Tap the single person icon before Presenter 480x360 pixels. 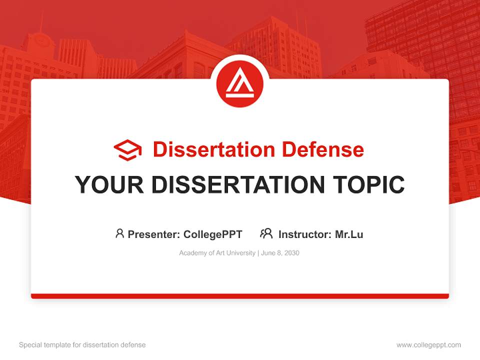[119, 233]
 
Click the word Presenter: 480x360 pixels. [154, 234]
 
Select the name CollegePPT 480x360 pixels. [213, 234]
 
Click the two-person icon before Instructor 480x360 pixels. [266, 233]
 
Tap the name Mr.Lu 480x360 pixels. [349, 234]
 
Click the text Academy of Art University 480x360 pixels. [217, 253]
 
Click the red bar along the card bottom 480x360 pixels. [240, 296]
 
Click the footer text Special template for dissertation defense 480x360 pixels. [82, 345]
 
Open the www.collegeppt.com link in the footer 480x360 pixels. [428, 345]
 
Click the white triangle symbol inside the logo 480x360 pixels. [239, 83]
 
